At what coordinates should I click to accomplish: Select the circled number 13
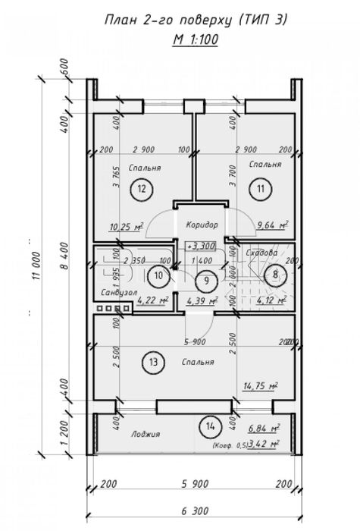155,363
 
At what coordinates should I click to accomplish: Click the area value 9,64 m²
273,225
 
